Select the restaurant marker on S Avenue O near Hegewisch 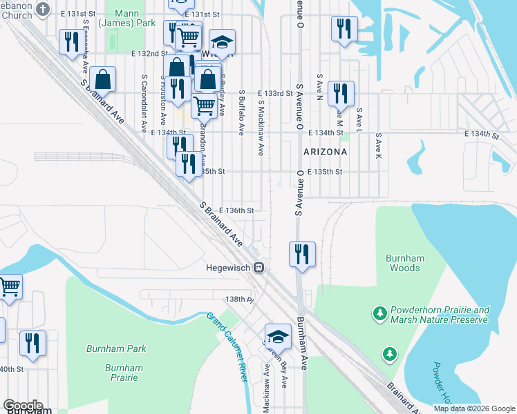pos(301,254)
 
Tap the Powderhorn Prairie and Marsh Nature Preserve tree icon pos(379,315)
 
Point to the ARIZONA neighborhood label pos(324,150)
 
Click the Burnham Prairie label pos(124,373)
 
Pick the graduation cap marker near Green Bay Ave pos(278,336)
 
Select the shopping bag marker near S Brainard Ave pos(102,79)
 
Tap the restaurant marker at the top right pos(344,28)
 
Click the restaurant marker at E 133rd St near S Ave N pos(339,93)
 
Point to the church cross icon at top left pos(43,9)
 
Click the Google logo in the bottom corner pos(23,406)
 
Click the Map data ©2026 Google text pos(474,408)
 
